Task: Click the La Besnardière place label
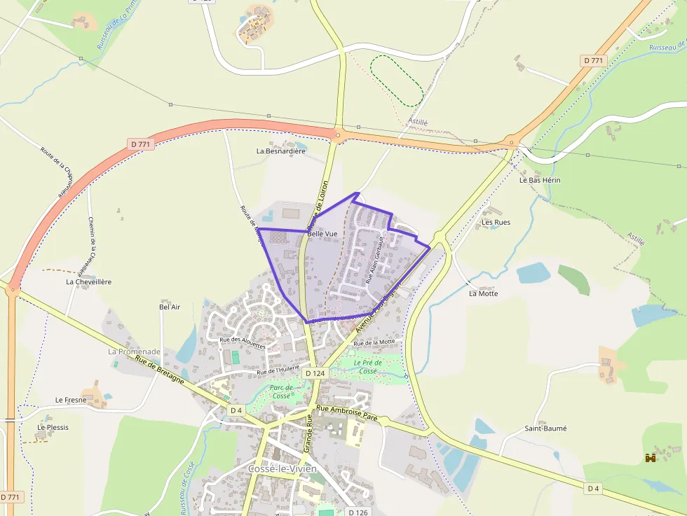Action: pyautogui.click(x=281, y=151)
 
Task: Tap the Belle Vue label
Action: pyautogui.click(x=322, y=233)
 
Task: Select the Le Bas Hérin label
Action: pyautogui.click(x=540, y=180)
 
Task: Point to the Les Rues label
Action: pyautogui.click(x=496, y=222)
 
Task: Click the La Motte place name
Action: pyautogui.click(x=483, y=293)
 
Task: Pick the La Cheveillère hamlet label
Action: pyautogui.click(x=88, y=281)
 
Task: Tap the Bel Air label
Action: pyautogui.click(x=170, y=307)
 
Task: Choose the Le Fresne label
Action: pyautogui.click(x=71, y=400)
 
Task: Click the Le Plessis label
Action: pyautogui.click(x=53, y=426)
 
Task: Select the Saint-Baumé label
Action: pyautogui.click(x=545, y=428)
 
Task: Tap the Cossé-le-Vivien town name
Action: pyautogui.click(x=282, y=468)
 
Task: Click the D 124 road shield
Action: pyautogui.click(x=315, y=373)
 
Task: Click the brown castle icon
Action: pyautogui.click(x=650, y=458)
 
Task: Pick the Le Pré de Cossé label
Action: pyautogui.click(x=367, y=366)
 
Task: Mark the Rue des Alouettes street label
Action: pyautogui.click(x=243, y=342)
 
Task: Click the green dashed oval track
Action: pyautogui.click(x=396, y=81)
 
